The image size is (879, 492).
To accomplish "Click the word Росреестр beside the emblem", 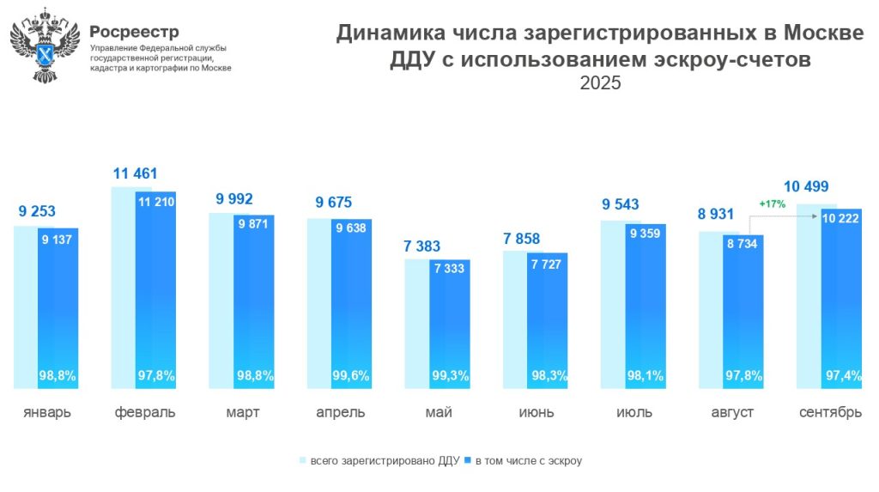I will click(134, 32).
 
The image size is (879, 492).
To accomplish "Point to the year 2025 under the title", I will click(599, 84).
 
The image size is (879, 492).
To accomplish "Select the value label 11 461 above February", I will click(136, 174).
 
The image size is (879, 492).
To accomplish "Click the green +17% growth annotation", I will click(773, 203).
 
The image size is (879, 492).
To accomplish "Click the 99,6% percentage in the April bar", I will click(350, 375).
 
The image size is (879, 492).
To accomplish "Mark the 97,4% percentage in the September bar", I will click(840, 375).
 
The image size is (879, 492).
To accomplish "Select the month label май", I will click(438, 412).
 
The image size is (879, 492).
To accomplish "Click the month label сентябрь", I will click(830, 412).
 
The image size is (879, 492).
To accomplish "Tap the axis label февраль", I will click(145, 412).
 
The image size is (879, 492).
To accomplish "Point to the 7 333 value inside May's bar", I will click(449, 269).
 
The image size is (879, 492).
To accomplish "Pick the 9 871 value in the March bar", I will click(253, 223).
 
